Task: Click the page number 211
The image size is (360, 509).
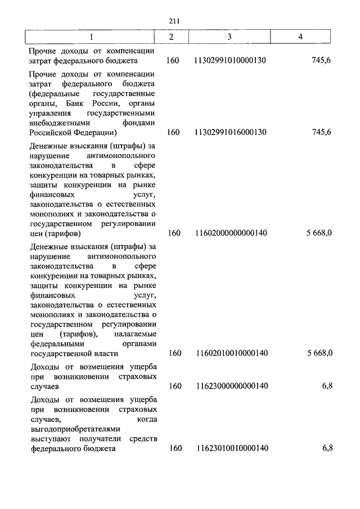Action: [x=174, y=21]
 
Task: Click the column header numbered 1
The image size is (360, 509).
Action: [x=91, y=37]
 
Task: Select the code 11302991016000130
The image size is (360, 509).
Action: [x=229, y=132]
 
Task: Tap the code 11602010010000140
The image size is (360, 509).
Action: [x=229, y=353]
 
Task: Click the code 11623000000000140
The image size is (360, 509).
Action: [x=229, y=386]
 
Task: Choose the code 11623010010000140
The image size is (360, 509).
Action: [x=229, y=448]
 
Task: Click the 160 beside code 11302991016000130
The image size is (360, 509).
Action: [x=173, y=132]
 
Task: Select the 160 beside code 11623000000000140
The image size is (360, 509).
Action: [x=173, y=386]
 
